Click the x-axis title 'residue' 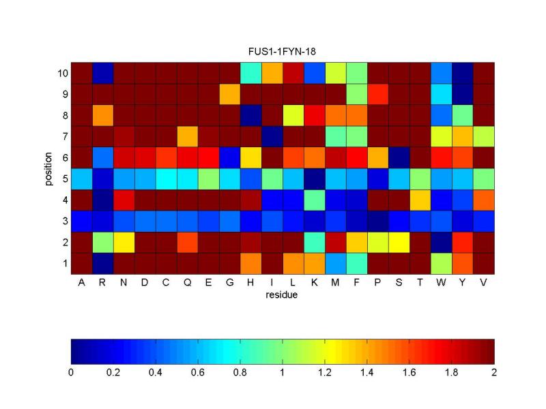pos(283,294)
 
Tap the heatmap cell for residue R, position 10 pos(103,73)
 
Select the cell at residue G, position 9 pos(230,94)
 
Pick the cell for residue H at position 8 pos(251,115)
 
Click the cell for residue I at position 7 pos(272,136)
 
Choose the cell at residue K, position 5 pos(315,179)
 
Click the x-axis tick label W pos(442,283)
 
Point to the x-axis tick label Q pos(188,283)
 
